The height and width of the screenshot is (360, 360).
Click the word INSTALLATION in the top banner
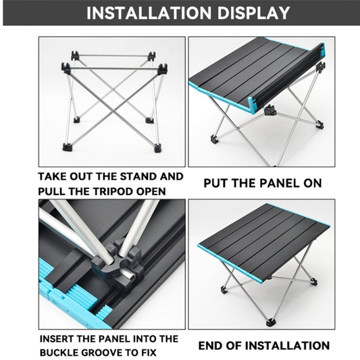(149, 13)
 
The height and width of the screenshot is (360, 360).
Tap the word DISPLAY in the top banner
(253, 13)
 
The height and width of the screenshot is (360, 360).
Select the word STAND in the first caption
(137, 176)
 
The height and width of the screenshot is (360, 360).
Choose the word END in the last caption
(209, 346)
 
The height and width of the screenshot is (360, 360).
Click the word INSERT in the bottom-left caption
(57, 339)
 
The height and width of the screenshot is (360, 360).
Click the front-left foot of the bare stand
(68, 147)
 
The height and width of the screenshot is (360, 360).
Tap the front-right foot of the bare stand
(157, 148)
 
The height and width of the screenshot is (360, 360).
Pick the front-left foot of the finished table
(223, 290)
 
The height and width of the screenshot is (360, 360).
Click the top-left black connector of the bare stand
(66, 68)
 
